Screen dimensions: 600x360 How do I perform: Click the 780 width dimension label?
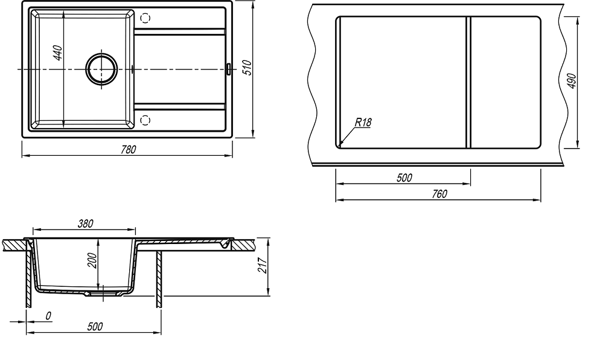[x=128, y=149]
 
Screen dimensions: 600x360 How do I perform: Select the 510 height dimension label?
[x=247, y=68]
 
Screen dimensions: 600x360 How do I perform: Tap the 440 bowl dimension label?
[x=57, y=53]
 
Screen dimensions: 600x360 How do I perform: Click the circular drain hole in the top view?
[x=101, y=69]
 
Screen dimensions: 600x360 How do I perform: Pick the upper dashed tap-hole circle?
[x=145, y=18]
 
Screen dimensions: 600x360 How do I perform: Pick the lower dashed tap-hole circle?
[x=145, y=120]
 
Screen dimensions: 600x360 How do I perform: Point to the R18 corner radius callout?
[x=363, y=123]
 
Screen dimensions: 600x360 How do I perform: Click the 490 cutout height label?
[x=572, y=81]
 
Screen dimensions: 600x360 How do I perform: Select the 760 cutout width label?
[x=439, y=194]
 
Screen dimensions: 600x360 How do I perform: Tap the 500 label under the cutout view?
[x=404, y=178]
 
